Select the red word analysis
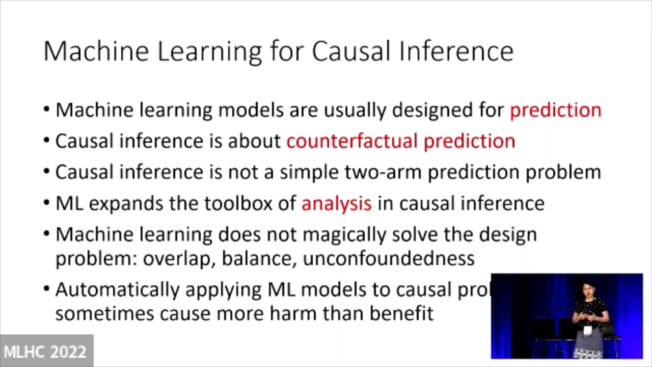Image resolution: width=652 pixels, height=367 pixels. (x=336, y=203)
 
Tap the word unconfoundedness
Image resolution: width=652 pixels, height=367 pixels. (x=389, y=258)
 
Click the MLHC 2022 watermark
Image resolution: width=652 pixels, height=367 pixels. (x=45, y=352)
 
